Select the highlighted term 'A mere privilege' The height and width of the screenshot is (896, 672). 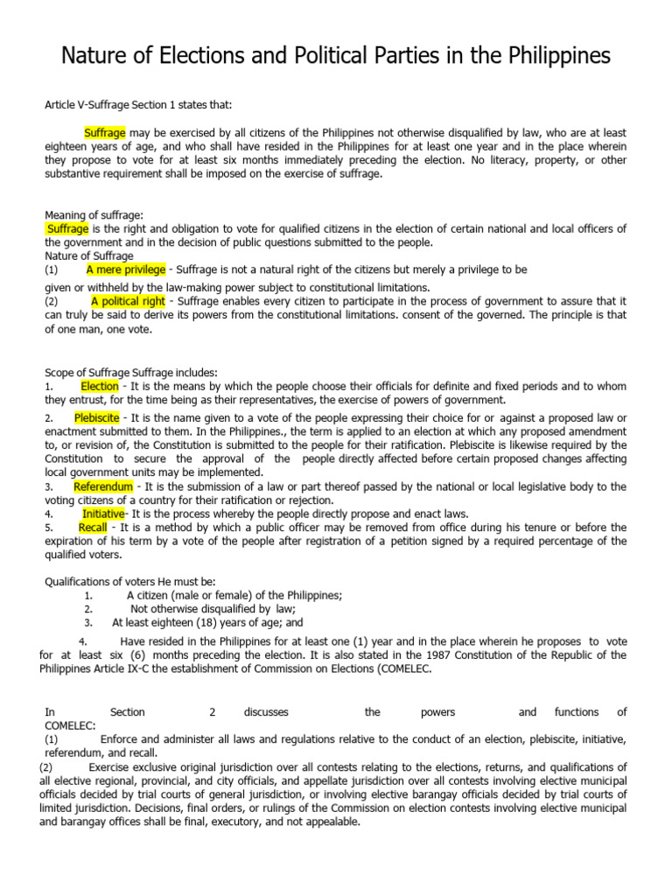pyautogui.click(x=126, y=269)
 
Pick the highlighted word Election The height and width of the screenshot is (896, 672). pyautogui.click(x=100, y=385)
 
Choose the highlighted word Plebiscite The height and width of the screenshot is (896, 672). pyautogui.click(x=97, y=418)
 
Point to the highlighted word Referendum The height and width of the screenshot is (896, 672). pyautogui.click(x=103, y=486)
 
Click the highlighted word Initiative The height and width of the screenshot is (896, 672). pyautogui.click(x=104, y=514)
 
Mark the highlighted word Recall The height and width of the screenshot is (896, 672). pyautogui.click(x=93, y=528)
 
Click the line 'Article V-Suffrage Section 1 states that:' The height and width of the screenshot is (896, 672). pyautogui.click(x=138, y=105)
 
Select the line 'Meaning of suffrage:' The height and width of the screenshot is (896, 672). pyautogui.click(x=94, y=215)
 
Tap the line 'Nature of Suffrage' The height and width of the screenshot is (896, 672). pyautogui.click(x=89, y=256)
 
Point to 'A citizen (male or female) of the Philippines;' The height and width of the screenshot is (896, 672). pyautogui.click(x=234, y=595)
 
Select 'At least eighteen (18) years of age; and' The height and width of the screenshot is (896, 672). pyautogui.click(x=207, y=623)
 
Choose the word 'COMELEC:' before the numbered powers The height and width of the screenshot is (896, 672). pyautogui.click(x=71, y=726)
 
